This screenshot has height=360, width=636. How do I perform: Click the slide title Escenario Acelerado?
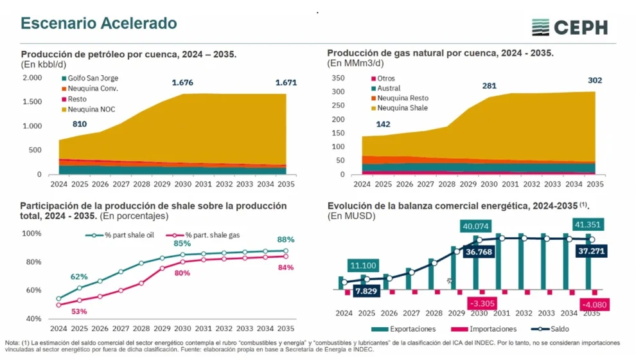pyautogui.click(x=99, y=24)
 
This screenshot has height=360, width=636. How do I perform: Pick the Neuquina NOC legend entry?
pyautogui.click(x=89, y=109)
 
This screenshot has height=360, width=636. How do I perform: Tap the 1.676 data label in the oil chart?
pyautogui.click(x=182, y=83)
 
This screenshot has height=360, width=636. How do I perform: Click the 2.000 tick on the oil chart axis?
pyautogui.click(x=32, y=78)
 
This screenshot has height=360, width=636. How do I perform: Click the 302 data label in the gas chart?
pyautogui.click(x=594, y=80)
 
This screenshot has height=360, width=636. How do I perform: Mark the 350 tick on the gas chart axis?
pyautogui.click(x=338, y=78)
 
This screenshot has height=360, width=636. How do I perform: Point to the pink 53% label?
pyautogui.click(x=79, y=311)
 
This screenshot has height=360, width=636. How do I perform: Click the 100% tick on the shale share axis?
pyautogui.click(x=32, y=233)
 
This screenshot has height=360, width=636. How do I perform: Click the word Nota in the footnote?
pyautogui.click(x=12, y=342)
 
